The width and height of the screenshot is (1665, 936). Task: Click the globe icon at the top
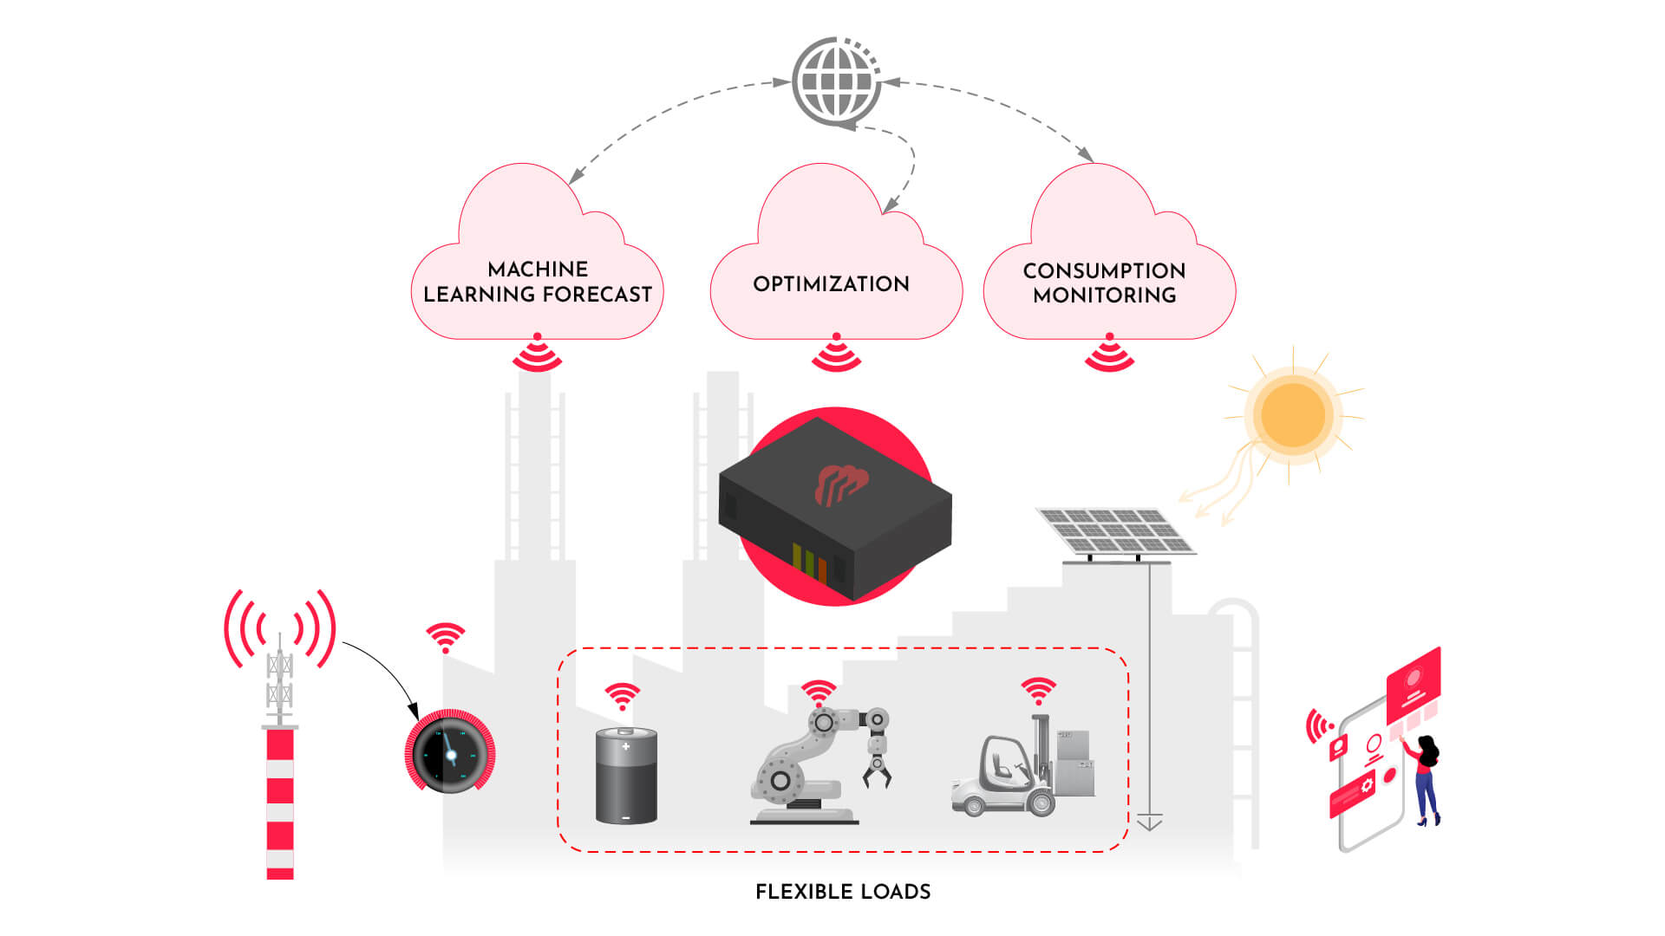836,81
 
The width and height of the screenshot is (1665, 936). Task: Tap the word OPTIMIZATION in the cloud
831,284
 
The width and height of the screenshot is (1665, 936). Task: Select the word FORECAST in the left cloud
597,295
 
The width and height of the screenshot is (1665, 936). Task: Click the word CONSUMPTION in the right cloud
1104,271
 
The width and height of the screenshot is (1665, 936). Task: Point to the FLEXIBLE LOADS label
843,892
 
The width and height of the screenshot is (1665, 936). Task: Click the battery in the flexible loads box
626,776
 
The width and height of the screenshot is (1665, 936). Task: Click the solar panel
1116,530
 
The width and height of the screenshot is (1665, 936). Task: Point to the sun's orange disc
1293,414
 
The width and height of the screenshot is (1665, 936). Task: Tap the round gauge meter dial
449,752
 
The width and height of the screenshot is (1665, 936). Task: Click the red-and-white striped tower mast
279,802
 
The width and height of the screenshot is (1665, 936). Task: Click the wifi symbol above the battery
622,696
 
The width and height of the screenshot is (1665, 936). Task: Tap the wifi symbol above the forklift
1038,691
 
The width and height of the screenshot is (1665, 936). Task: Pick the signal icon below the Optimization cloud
836,353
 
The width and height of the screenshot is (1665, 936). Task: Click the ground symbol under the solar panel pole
1149,822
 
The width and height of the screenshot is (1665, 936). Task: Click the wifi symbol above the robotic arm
818,692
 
